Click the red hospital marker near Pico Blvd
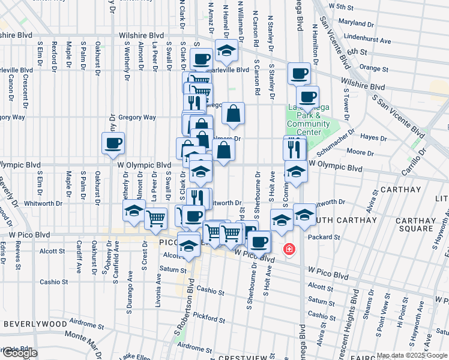click(289, 248)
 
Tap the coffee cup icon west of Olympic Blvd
click(113, 143)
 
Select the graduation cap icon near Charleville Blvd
click(226, 52)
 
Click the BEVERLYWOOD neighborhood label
click(35, 323)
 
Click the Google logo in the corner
click(19, 353)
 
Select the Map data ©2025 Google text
click(411, 355)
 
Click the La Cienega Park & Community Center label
click(309, 120)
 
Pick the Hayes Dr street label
click(374, 138)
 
